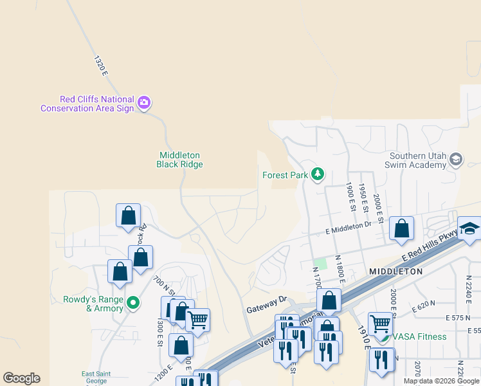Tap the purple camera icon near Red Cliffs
[144, 102]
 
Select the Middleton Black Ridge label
[180, 160]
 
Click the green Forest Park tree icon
[317, 174]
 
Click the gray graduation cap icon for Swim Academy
[456, 159]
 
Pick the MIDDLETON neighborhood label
[396, 271]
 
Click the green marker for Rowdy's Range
[133, 302]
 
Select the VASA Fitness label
[419, 336]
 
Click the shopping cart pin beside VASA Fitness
[380, 324]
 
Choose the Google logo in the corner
[21, 378]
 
